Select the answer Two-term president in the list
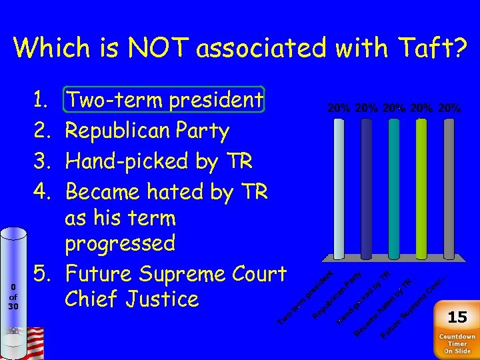(165, 100)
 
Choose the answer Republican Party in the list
(147, 131)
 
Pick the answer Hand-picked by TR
(158, 161)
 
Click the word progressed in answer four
(120, 243)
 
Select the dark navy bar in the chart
(367, 189)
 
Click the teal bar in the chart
(393, 189)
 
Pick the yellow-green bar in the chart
(421, 189)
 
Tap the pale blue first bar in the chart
(339, 189)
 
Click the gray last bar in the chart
(449, 189)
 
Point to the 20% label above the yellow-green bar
(421, 107)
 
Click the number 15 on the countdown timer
(457, 316)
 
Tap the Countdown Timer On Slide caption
(457, 343)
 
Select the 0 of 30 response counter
(13, 296)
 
